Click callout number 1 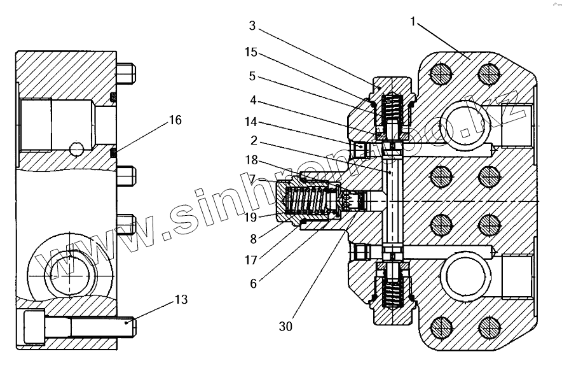[413, 22]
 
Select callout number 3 [252, 26]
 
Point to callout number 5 [252, 76]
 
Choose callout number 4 [252, 99]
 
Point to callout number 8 [253, 240]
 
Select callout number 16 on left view [175, 119]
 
